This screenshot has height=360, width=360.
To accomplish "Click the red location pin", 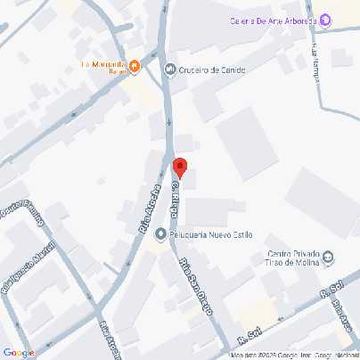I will [179, 167].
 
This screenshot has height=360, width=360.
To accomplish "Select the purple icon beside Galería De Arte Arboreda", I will [325, 20].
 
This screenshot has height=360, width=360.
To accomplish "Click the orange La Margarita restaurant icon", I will [134, 65].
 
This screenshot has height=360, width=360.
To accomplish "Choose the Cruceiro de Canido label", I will [212, 70].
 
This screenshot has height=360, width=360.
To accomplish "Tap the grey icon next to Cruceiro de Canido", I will [169, 69].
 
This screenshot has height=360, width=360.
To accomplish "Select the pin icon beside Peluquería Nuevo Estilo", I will [160, 235].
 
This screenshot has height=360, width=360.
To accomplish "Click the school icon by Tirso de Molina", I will [327, 258].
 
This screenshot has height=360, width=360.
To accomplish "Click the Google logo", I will [19, 352].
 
